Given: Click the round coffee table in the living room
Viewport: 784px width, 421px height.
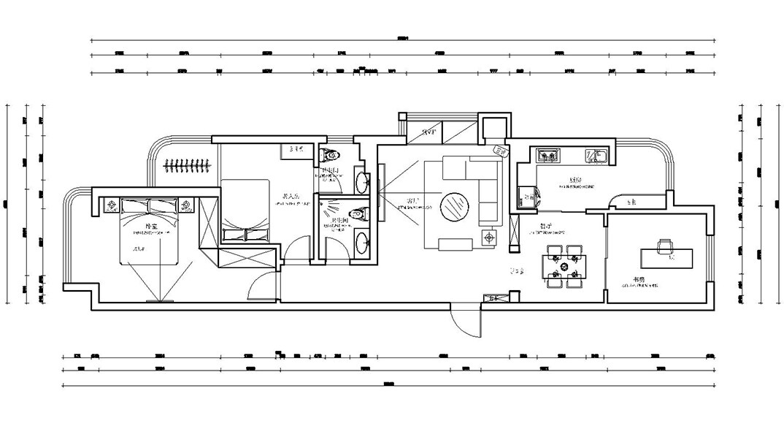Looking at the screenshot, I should pos(456,205).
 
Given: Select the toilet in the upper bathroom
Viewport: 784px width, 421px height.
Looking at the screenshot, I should pos(331,154).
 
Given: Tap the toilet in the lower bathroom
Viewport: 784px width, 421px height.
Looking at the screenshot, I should pos(358,214).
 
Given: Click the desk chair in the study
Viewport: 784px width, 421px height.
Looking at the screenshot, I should pos(665,247).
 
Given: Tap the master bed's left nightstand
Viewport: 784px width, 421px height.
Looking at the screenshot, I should pos(112,205).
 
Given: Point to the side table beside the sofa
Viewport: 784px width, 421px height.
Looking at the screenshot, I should pos(488,237).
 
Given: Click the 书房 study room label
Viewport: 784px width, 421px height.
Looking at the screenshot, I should pos(639,279).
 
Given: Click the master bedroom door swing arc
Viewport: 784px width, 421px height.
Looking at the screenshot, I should pos(263,287).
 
